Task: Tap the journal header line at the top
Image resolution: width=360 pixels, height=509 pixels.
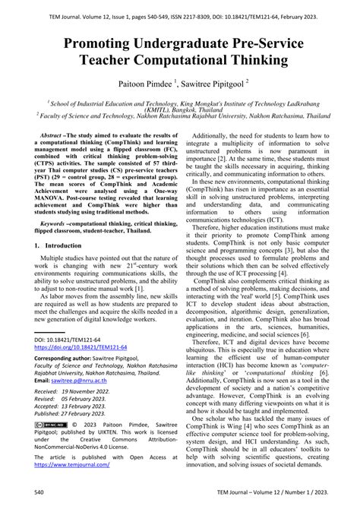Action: pos(180,8)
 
